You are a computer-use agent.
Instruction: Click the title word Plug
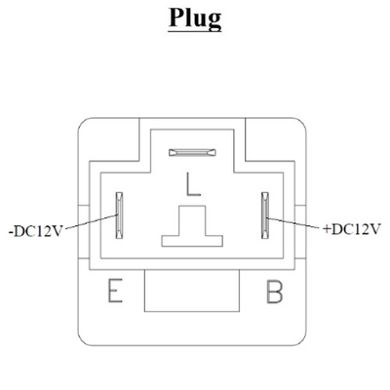[x=195, y=19]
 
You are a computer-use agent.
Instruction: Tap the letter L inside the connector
[x=193, y=184]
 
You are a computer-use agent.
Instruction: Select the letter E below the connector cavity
[x=115, y=291]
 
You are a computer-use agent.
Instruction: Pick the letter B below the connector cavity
[x=275, y=292]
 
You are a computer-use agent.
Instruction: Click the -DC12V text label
[x=35, y=232]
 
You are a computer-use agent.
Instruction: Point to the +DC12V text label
[x=352, y=229]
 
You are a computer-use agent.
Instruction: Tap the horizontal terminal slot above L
[x=192, y=152]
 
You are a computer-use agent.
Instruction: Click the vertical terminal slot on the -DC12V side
[x=120, y=215]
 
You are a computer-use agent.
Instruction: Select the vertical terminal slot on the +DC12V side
[x=266, y=215]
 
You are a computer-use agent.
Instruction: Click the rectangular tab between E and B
[x=192, y=291]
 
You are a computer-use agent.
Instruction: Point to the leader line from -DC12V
[x=89, y=221]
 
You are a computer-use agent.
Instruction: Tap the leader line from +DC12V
[x=295, y=223]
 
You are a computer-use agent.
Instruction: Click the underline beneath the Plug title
[x=195, y=30]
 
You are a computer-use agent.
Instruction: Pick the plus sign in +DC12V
[x=327, y=229]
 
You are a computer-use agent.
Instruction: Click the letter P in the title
[x=176, y=17]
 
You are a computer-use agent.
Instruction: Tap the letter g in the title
[x=213, y=21]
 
